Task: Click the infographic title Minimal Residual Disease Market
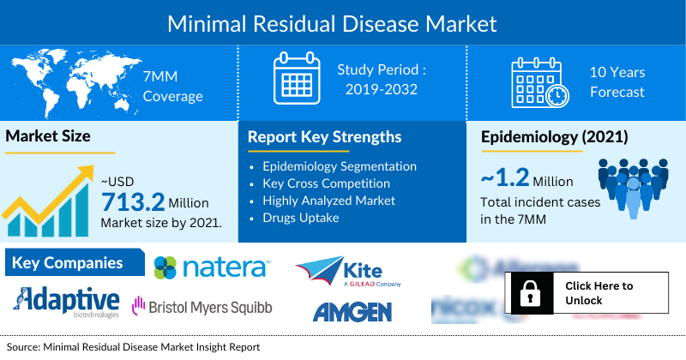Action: pos(343,21)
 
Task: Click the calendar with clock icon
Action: pos(538,82)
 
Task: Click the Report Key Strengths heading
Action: pos(325,137)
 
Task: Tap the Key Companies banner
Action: pos(68,263)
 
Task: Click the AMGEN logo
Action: pos(352,310)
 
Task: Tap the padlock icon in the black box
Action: pos(527,293)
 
